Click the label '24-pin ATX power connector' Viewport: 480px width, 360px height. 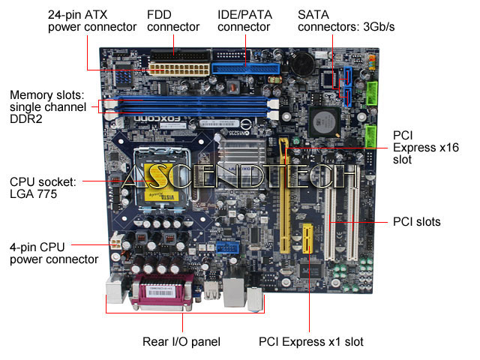(91, 21)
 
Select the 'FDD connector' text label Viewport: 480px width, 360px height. (173, 21)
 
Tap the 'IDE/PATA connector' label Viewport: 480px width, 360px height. (244, 21)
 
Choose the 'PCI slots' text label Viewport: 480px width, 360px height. (416, 222)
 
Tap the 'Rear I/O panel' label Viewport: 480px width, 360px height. (181, 342)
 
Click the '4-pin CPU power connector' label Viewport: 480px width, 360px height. (53, 253)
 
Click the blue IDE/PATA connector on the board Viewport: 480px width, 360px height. (244, 68)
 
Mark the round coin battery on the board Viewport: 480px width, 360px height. (302, 64)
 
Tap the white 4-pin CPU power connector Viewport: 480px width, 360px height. (115, 242)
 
